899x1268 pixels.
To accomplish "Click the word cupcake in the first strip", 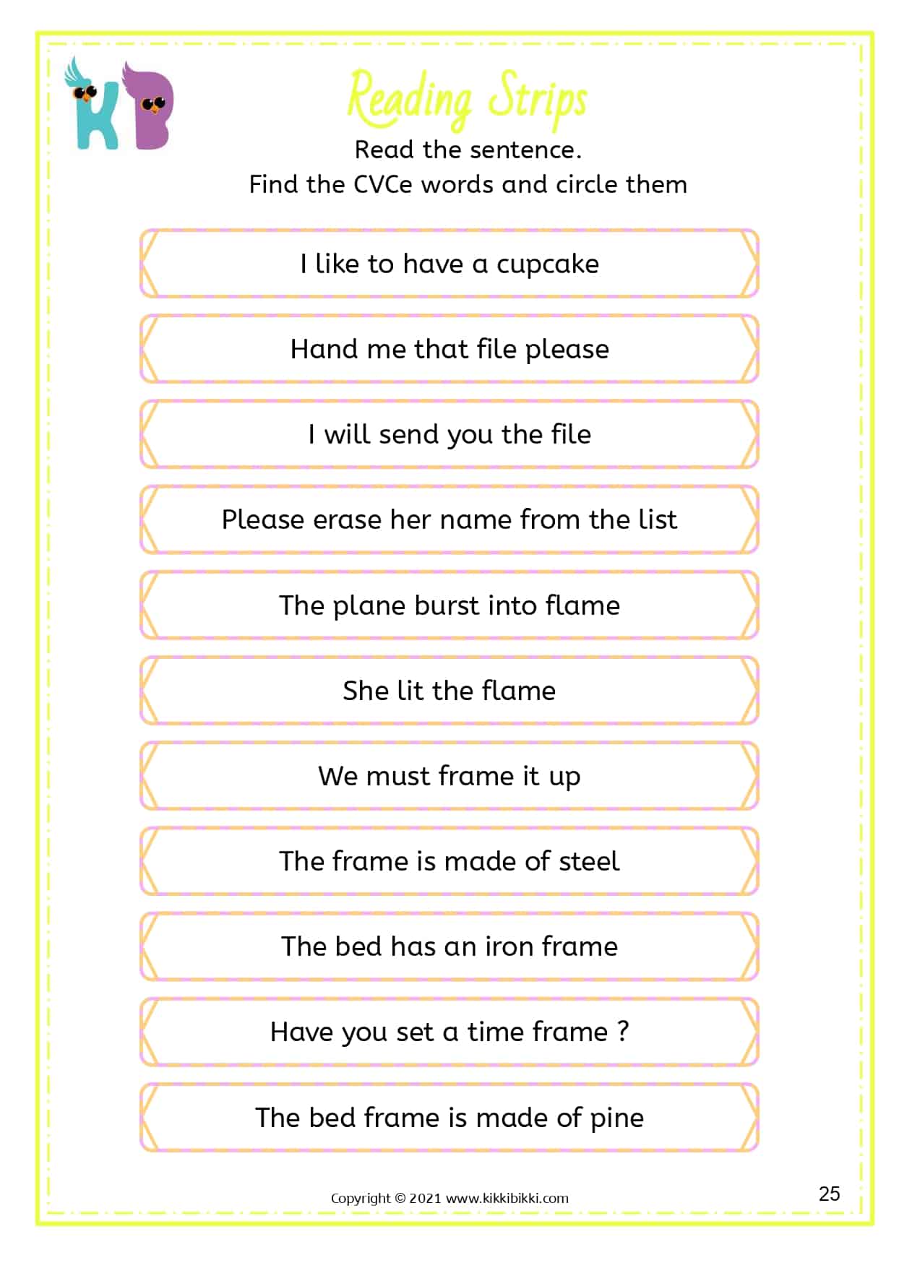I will click(547, 265).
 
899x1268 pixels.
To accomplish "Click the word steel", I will click(589, 861).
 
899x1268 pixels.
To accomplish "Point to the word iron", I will click(509, 946).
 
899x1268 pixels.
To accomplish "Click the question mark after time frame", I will click(623, 1031).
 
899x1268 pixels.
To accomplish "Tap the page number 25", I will click(829, 1194).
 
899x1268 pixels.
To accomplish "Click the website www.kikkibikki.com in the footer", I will click(507, 1198).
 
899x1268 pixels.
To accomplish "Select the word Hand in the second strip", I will click(324, 350).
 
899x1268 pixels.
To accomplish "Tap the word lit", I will click(410, 691).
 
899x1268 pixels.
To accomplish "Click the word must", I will click(398, 777).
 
